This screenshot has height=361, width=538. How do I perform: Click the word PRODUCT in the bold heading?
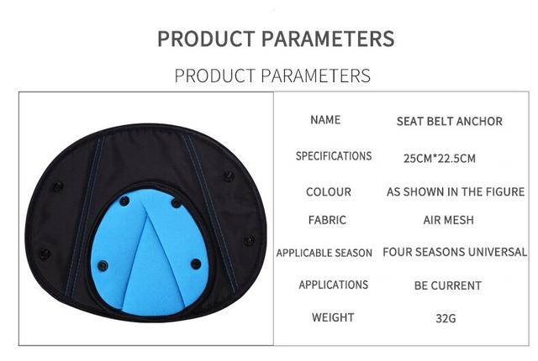[x=206, y=39]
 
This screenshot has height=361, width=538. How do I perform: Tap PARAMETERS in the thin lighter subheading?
[x=316, y=76]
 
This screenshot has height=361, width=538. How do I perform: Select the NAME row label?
[x=325, y=120]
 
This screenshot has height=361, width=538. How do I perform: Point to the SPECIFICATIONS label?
[x=334, y=156]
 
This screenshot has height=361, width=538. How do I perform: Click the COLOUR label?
[x=329, y=191]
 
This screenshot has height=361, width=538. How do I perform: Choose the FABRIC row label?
[x=327, y=220]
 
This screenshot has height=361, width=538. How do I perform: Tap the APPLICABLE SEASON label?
[x=324, y=253]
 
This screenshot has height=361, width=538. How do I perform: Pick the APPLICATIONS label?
[x=333, y=285]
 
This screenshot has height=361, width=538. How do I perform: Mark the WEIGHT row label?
[x=333, y=317]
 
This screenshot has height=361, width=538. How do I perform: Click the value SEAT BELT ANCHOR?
[x=450, y=121]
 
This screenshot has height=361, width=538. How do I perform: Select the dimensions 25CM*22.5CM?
[x=440, y=158]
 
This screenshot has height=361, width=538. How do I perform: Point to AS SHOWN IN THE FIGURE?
[x=456, y=191]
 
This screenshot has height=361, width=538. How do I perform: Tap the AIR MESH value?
[x=448, y=220]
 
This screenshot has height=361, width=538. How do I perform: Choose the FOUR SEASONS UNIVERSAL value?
[x=455, y=252]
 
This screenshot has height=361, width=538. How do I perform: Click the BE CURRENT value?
[x=448, y=285]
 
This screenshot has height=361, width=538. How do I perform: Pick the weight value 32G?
[x=446, y=318]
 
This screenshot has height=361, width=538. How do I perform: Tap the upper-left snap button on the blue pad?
[x=124, y=201]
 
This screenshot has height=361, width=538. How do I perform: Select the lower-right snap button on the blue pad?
[x=196, y=264]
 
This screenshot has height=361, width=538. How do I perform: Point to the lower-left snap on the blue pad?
[x=103, y=265]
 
